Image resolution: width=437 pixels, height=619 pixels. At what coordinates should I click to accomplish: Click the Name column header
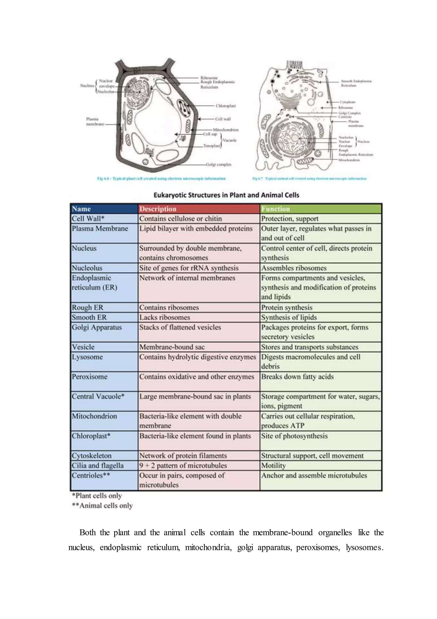tap(82, 209)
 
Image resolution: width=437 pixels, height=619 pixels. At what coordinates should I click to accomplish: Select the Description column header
tap(158, 209)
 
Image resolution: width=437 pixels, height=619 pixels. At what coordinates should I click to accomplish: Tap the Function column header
tap(275, 209)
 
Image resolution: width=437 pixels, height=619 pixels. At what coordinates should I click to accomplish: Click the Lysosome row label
tap(87, 357)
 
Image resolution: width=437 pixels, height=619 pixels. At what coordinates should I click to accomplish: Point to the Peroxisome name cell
tap(89, 377)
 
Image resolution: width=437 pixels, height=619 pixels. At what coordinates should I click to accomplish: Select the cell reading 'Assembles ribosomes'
tap(294, 268)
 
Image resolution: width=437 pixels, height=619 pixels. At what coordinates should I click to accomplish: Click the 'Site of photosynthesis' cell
tap(294, 436)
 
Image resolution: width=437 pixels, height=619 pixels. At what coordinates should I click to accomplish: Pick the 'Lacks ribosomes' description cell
tap(165, 317)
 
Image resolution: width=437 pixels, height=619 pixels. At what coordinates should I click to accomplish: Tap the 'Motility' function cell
tap(273, 466)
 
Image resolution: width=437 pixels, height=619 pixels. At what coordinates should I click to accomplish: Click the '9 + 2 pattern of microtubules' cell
tap(183, 466)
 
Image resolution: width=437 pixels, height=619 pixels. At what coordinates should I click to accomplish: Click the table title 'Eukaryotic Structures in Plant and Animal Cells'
tap(226, 195)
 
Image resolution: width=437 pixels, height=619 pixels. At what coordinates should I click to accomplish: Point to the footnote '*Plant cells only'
tap(97, 496)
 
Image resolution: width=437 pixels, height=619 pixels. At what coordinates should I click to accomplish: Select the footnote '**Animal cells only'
tap(102, 505)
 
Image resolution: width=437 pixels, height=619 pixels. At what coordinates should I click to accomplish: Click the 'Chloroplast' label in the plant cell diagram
tap(226, 106)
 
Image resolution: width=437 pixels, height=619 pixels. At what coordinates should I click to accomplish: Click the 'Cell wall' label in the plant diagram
tap(223, 119)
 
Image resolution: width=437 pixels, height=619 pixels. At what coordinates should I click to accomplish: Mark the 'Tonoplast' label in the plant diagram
tap(212, 146)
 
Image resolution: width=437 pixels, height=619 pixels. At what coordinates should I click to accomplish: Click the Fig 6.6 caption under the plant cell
tap(161, 178)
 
